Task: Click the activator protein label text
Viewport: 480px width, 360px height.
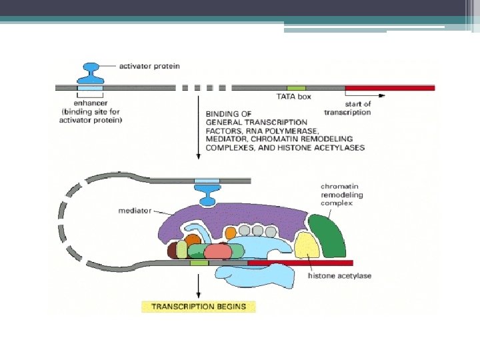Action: (149, 66)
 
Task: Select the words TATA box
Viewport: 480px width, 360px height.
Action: (294, 97)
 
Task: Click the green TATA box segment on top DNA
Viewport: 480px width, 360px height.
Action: (296, 87)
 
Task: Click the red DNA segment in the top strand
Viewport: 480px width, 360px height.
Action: (389, 87)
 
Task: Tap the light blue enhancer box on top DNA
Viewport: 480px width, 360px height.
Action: (90, 87)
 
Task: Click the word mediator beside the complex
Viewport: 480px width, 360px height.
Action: (135, 210)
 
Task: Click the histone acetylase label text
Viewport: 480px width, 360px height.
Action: (340, 275)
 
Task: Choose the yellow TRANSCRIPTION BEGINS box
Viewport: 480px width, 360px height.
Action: (199, 307)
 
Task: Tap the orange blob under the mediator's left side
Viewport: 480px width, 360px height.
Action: (193, 239)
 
